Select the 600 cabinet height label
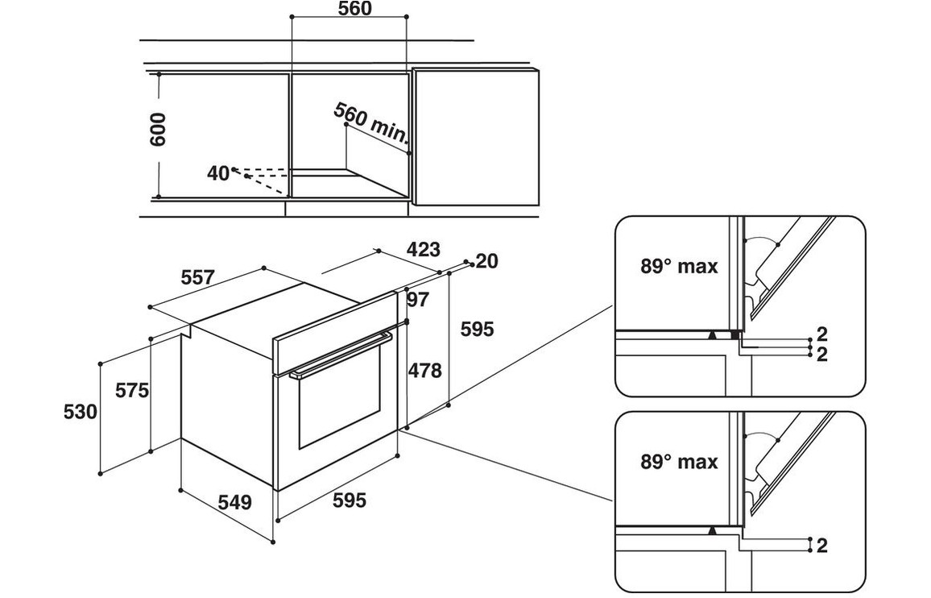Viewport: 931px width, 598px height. point(158,129)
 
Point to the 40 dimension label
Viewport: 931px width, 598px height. point(217,172)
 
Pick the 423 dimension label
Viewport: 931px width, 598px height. point(423,250)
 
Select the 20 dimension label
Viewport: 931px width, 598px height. point(487,260)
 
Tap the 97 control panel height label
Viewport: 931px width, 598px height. point(419,300)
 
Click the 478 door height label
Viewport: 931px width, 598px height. point(424,371)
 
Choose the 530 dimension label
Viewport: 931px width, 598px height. point(80,413)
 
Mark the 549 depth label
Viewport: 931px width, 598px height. point(235,503)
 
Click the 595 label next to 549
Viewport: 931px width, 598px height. point(349,501)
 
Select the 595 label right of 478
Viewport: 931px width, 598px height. point(476,329)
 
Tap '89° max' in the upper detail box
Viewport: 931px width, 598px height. point(679,267)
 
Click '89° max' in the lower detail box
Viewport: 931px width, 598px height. point(679,462)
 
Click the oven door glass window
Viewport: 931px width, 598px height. point(338,407)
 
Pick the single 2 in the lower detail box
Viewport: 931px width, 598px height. point(821,546)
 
